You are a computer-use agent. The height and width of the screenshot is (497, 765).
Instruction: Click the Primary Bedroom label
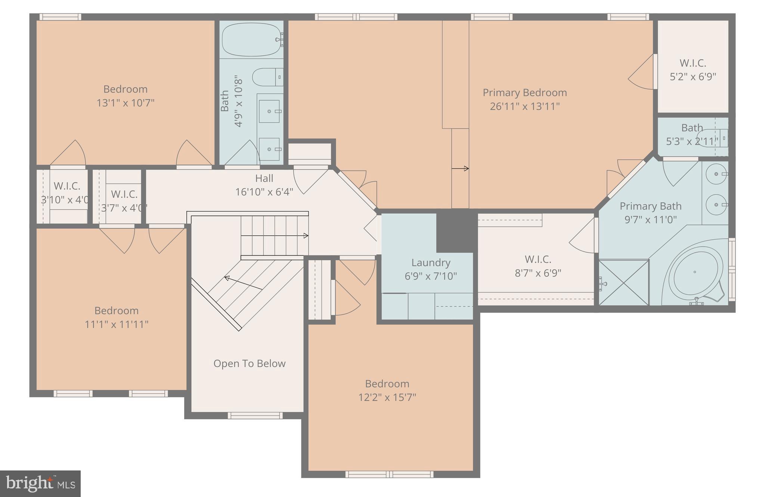click(x=524, y=92)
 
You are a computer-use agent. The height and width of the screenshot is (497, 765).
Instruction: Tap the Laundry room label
click(x=431, y=263)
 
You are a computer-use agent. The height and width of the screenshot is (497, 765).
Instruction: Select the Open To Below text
click(x=249, y=363)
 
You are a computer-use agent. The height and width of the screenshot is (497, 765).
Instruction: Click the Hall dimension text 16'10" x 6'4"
click(x=264, y=192)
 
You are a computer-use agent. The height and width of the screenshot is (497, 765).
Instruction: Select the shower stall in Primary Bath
click(x=623, y=283)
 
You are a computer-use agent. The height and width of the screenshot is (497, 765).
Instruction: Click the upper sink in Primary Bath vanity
click(x=716, y=174)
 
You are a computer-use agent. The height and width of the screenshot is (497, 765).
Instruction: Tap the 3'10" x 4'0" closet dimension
click(x=65, y=200)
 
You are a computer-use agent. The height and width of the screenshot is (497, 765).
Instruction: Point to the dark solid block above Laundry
click(x=456, y=230)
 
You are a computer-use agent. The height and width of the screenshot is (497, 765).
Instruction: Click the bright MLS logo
click(x=40, y=484)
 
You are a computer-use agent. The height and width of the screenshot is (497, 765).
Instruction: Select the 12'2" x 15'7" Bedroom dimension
click(x=387, y=397)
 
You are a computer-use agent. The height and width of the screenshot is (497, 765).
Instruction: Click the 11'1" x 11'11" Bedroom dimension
click(x=117, y=324)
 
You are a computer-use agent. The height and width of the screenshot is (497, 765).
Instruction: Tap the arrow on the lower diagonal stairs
click(x=243, y=283)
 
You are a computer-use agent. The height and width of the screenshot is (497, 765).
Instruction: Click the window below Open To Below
click(x=255, y=415)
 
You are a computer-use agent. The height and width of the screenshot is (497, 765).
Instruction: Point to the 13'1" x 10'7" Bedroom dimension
click(x=126, y=103)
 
